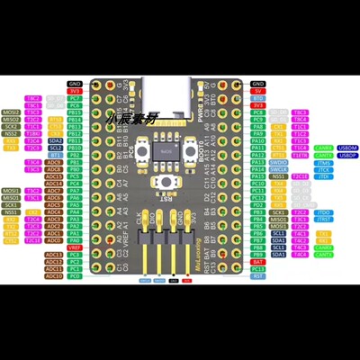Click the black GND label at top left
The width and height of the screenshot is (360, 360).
coord(75,83)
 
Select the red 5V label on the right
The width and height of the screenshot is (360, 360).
coord(258,90)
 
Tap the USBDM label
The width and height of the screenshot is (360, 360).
coord(324,148)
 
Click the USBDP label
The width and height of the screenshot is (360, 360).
coord(324,155)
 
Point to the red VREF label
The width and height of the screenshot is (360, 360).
coord(75,247)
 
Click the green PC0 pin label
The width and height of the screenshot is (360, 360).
coord(75,276)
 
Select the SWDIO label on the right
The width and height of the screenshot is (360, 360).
coord(280,161)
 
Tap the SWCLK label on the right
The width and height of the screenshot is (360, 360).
coord(280,168)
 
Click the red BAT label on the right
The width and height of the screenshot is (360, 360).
coord(258,261)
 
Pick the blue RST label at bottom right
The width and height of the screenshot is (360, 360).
coord(258,276)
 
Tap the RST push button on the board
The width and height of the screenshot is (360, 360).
coord(165,184)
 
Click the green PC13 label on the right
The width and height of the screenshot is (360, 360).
coord(258,268)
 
